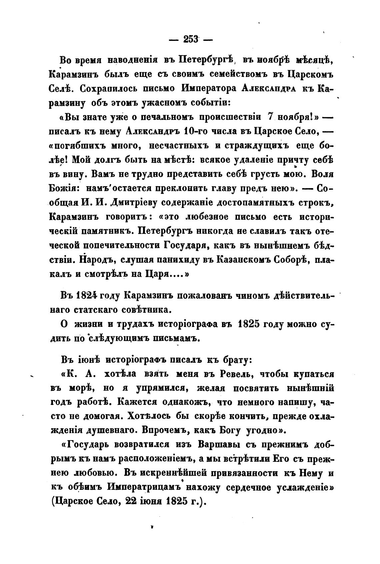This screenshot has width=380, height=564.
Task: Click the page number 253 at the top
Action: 190,40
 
